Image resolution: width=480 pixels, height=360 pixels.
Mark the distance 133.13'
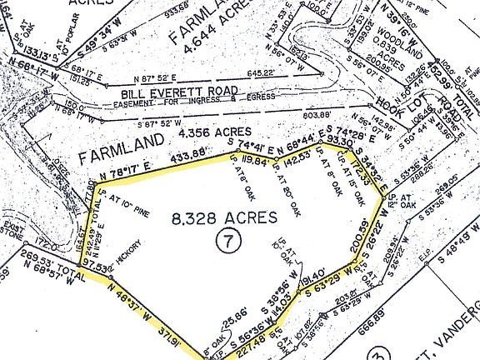click(x=21, y=57)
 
